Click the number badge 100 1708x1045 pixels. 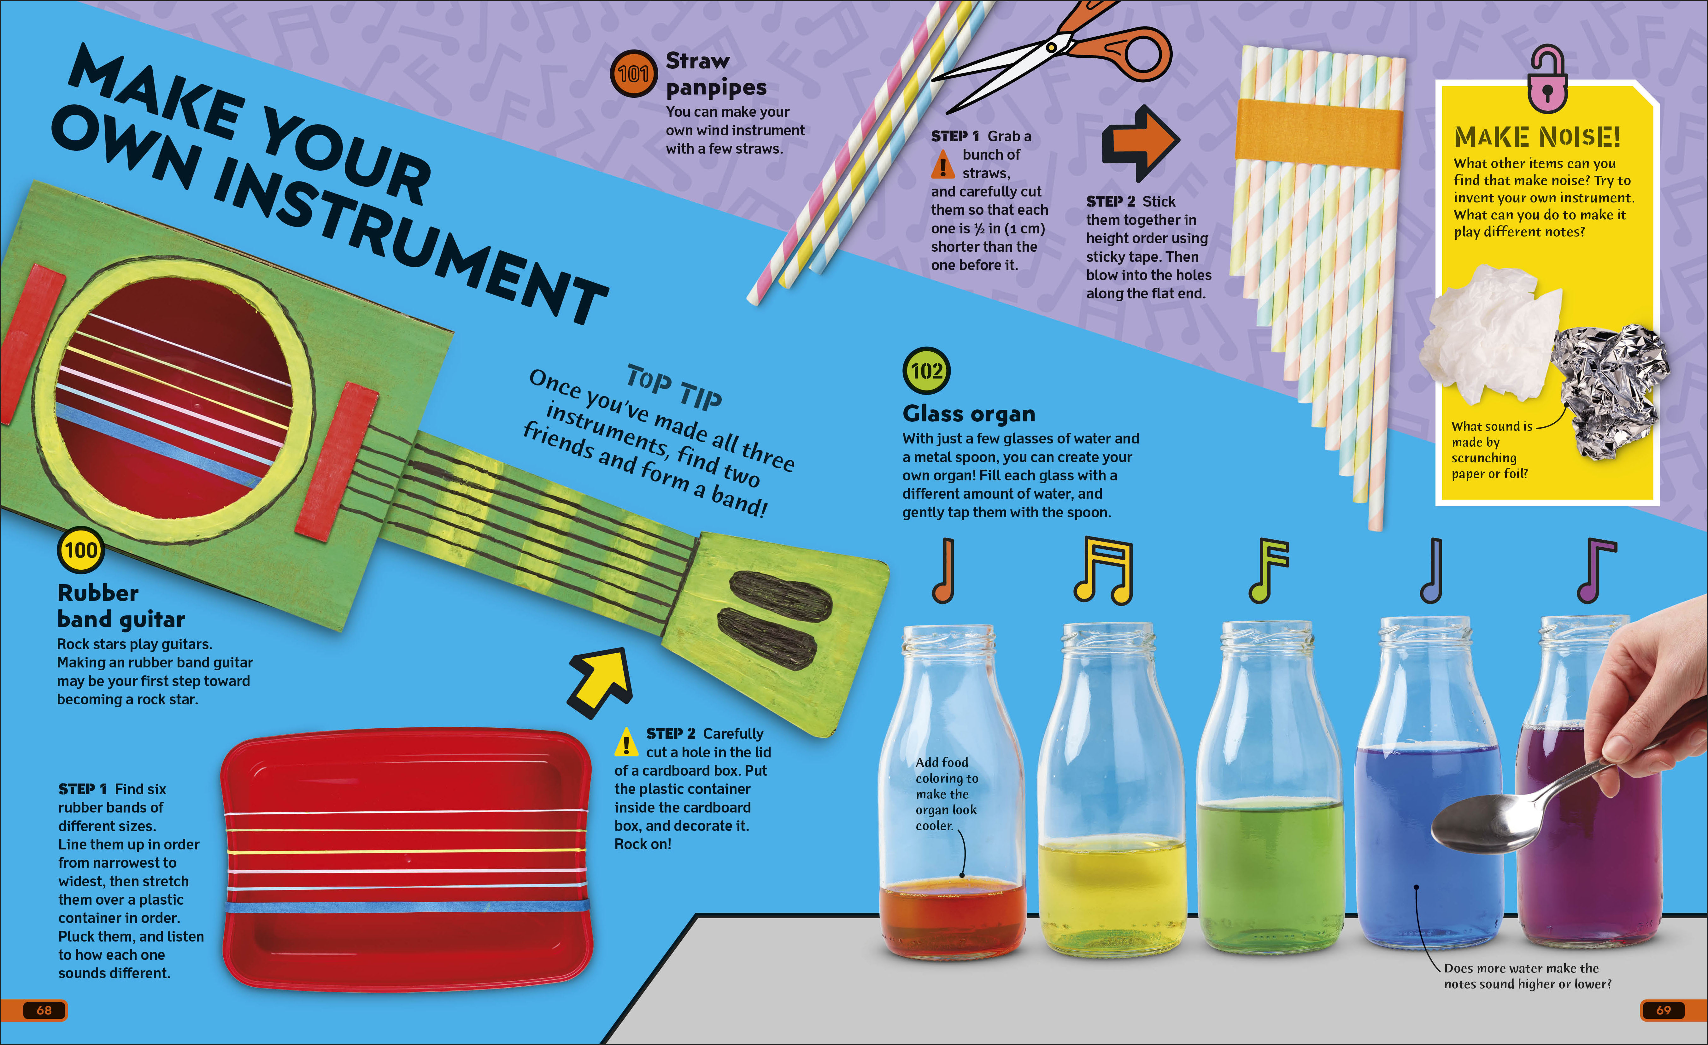[80, 550]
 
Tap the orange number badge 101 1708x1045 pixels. [633, 73]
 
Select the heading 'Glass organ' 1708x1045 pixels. [969, 414]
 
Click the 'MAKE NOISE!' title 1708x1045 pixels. [1537, 137]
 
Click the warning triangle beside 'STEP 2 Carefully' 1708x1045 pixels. [626, 742]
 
